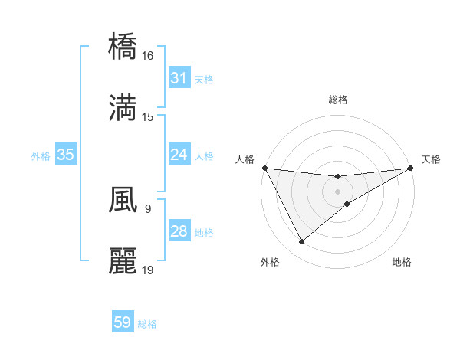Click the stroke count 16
click(148, 56)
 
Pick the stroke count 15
click(148, 116)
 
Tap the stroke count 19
click(148, 270)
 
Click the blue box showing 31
click(179, 78)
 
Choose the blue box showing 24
click(179, 155)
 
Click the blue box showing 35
click(65, 155)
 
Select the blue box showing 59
click(123, 322)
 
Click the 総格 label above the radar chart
click(338, 100)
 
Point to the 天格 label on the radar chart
click(431, 159)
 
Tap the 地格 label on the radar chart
click(402, 262)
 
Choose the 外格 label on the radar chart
click(270, 262)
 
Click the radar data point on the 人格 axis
click(264, 168)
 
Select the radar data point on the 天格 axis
click(411, 168)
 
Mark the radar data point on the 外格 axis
click(301, 242)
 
